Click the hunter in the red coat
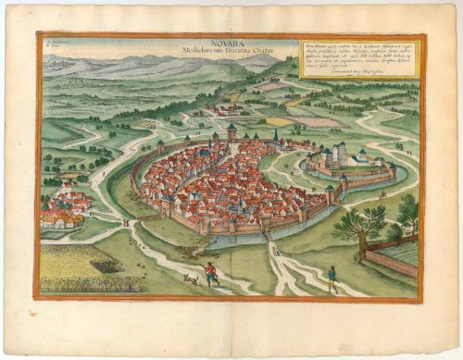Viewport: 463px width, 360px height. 211,271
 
